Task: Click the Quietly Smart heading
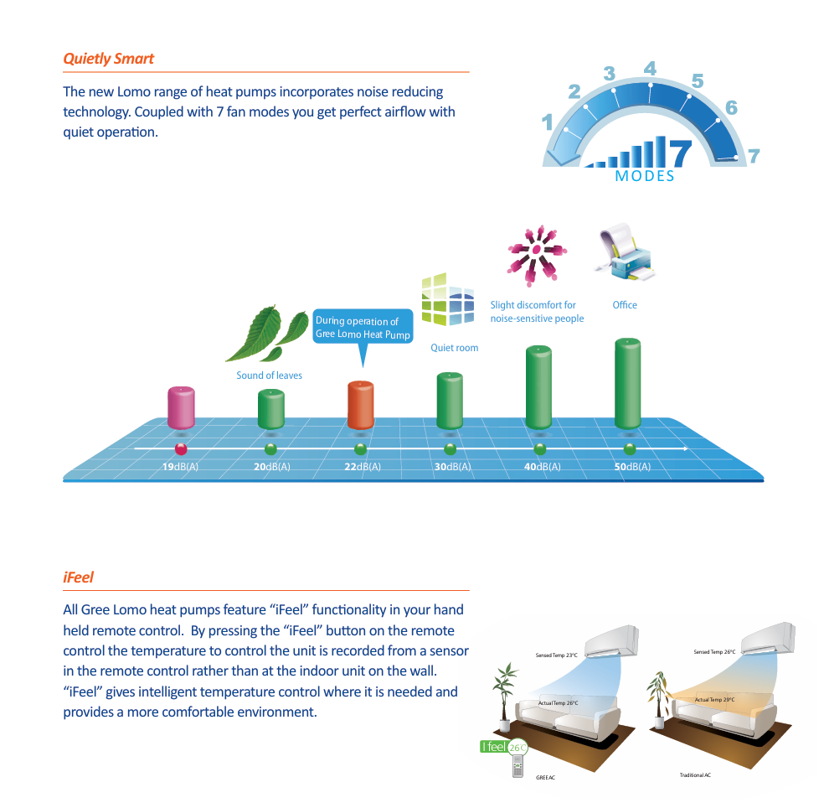click(108, 59)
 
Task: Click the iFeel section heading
click(79, 577)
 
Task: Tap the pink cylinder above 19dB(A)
click(182, 407)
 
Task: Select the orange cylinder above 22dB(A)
click(361, 405)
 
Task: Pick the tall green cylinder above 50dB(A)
click(627, 384)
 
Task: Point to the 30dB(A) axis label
click(452, 467)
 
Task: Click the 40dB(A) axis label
click(543, 467)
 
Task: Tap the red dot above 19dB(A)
click(181, 449)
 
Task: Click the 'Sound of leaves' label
click(269, 375)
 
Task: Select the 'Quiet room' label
click(455, 348)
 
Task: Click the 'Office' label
click(625, 305)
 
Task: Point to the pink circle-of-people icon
click(536, 256)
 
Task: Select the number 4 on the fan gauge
click(650, 69)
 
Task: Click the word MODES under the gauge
click(645, 176)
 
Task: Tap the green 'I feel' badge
click(503, 747)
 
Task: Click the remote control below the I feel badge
click(518, 766)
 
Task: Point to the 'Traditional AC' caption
click(695, 774)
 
